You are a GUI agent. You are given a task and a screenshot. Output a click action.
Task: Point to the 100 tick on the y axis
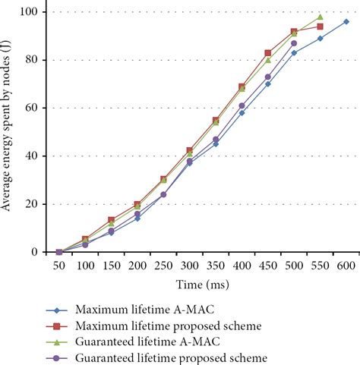[x=34, y=12]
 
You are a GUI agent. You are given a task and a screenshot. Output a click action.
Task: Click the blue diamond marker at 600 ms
[x=346, y=21]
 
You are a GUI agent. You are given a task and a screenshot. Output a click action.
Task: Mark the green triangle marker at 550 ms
[x=320, y=17]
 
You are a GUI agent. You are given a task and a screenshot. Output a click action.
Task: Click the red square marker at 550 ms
[x=320, y=26]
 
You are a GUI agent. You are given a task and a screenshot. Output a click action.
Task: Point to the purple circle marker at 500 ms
[x=294, y=43]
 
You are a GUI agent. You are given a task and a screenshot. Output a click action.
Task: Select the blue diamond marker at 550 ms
[x=320, y=38]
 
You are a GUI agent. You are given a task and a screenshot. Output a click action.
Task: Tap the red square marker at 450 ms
[x=268, y=53]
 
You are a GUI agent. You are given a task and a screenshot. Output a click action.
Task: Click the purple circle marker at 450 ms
[x=268, y=77]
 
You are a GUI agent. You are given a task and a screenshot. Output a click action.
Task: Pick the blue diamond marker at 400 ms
[x=242, y=112]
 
